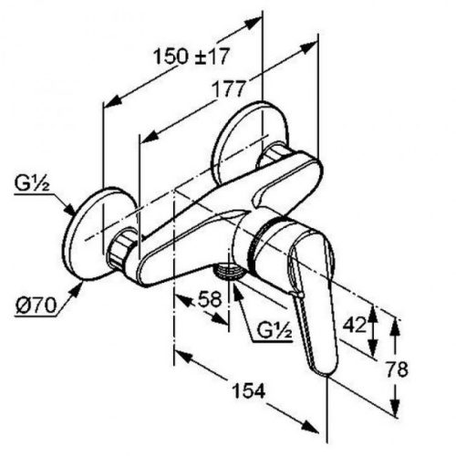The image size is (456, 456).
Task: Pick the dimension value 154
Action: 247,390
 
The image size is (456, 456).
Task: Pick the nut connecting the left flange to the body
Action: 123,249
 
